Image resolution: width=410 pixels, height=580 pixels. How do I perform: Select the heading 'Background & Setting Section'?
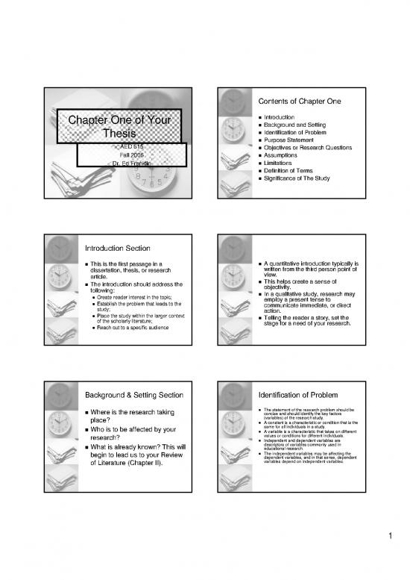click(x=135, y=393)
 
